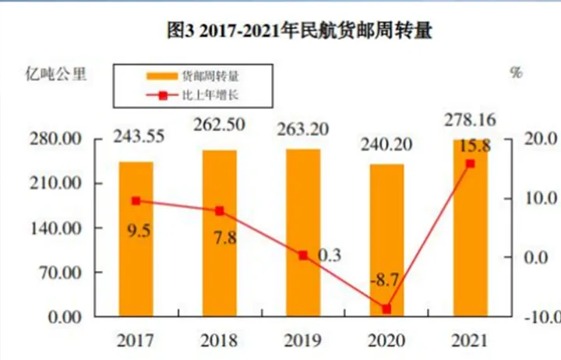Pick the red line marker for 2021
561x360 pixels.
coord(470,164)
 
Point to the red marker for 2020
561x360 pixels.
coord(386,309)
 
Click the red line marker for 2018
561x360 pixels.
coord(220,210)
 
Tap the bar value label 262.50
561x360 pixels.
coord(220,122)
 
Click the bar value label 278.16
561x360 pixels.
coord(470,121)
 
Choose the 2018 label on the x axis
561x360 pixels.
coord(220,340)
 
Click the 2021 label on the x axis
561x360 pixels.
coord(470,340)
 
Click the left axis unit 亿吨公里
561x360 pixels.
coord(55,76)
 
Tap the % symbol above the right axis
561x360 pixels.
coord(516,73)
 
